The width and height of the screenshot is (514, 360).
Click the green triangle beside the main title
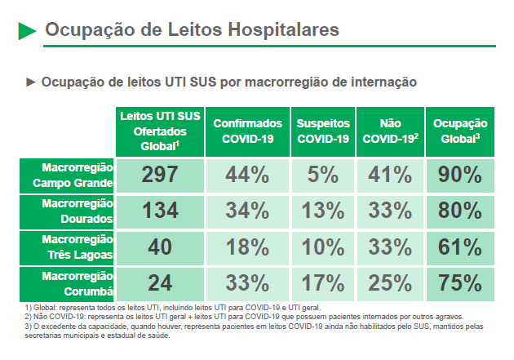[27, 31]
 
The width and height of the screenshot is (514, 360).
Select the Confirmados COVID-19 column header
[247, 131]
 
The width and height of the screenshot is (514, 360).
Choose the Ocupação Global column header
[460, 131]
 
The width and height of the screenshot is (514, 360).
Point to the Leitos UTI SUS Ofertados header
[160, 131]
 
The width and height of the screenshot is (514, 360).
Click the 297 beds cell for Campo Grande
[160, 175]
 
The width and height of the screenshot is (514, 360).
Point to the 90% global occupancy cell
[460, 175]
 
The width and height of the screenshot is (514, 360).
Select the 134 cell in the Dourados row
[160, 211]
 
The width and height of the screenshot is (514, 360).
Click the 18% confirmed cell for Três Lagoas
[247, 247]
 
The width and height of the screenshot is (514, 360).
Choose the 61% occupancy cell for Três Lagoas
[460, 247]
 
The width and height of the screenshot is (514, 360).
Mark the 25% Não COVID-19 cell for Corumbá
[390, 283]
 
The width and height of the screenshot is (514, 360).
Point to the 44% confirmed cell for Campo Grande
[247, 175]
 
